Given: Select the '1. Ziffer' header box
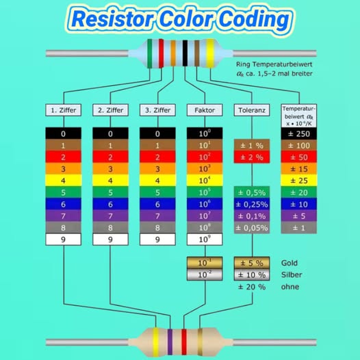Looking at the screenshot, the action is (x=64, y=110).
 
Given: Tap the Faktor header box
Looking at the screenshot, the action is (x=205, y=110).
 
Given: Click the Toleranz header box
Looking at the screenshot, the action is (x=252, y=110).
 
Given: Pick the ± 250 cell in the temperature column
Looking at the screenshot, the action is (x=298, y=133).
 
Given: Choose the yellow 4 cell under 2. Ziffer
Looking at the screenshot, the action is (x=110, y=181).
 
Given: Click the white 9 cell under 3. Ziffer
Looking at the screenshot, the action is (x=157, y=240).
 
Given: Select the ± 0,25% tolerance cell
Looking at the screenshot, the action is (x=252, y=204).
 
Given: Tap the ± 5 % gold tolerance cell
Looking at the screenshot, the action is (x=252, y=263).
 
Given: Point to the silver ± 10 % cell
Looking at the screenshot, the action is (x=252, y=275).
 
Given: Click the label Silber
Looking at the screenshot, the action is (x=292, y=275).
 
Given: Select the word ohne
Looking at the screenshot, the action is (x=290, y=287).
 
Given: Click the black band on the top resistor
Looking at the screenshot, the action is (x=185, y=53).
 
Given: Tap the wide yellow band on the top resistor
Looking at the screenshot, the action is (x=210, y=53).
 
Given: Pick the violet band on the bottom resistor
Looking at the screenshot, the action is (x=170, y=342).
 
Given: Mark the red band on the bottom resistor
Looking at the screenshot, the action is (x=184, y=342).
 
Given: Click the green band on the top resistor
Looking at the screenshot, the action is (x=150, y=53).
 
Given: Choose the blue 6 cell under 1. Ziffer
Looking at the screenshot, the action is (x=64, y=204).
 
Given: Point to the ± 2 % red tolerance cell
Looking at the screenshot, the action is (x=252, y=157).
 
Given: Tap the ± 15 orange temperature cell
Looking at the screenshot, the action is (x=298, y=169).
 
